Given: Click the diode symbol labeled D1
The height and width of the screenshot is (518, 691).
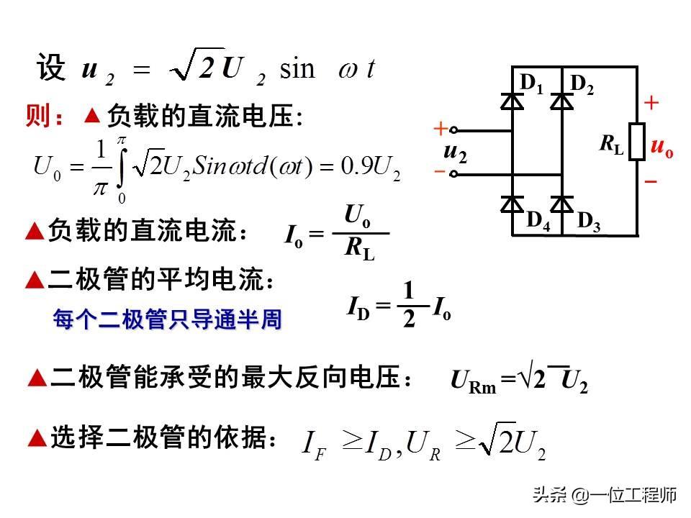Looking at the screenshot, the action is [x=512, y=101].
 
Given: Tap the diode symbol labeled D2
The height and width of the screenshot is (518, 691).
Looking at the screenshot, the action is [x=561, y=101].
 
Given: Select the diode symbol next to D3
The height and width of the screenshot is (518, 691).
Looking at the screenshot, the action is [x=561, y=204].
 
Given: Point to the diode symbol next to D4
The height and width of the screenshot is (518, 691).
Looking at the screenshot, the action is [x=512, y=204].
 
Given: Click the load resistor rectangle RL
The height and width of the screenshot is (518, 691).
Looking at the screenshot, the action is [x=636, y=141].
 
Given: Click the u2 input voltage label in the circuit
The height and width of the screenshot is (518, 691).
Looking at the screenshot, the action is [x=454, y=152].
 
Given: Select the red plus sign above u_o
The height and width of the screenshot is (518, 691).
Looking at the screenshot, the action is [x=651, y=104].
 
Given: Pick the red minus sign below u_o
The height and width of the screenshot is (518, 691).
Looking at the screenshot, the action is [x=651, y=181].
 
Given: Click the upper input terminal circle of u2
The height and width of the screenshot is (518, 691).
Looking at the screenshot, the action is [x=454, y=131].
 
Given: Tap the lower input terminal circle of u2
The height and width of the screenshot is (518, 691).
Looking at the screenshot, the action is [x=454, y=173].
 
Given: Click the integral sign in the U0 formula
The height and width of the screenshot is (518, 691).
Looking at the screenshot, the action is [x=122, y=165].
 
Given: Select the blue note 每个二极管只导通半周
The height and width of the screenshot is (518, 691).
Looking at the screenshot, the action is [x=167, y=319].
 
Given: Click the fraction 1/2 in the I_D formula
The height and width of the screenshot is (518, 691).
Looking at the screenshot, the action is [x=409, y=306].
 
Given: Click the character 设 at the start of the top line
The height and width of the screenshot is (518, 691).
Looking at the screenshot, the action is [x=50, y=68].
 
